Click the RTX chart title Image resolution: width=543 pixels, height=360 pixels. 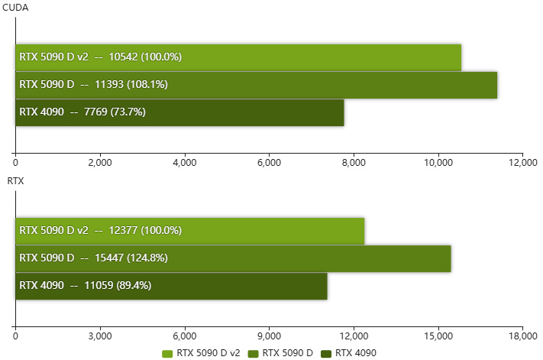(15, 182)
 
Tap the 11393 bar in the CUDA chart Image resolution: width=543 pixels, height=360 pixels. (257, 85)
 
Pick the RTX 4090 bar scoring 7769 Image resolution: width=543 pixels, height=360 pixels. (179, 112)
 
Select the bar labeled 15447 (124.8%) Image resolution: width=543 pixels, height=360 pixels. (233, 258)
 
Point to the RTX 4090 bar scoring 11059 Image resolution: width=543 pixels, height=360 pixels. (171, 286)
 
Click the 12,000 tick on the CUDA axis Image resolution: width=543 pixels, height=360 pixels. (523, 162)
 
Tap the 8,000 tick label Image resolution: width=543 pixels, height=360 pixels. (354, 162)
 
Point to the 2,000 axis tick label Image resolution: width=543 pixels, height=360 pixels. (100, 162)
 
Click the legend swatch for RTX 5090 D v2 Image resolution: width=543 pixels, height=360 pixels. (169, 353)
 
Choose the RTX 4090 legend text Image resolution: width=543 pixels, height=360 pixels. (356, 353)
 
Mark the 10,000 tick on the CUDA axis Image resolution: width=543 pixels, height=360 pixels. (438, 162)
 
